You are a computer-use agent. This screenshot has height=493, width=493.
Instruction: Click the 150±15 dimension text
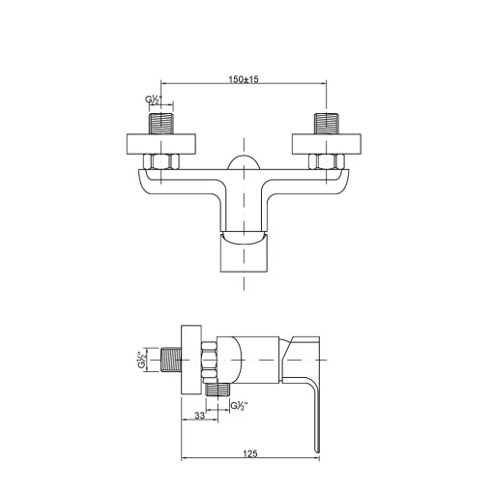[244, 79]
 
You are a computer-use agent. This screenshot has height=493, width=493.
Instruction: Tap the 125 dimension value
[250, 453]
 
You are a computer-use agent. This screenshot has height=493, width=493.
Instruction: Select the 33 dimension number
[199, 416]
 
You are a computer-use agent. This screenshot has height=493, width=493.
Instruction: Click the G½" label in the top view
[154, 100]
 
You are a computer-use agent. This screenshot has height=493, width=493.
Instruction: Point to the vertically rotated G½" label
[142, 360]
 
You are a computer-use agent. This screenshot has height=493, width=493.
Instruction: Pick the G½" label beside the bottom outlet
[240, 406]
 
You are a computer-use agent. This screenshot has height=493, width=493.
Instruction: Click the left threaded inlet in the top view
[161, 124]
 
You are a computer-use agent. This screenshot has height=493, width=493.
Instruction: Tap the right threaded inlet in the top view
[327, 124]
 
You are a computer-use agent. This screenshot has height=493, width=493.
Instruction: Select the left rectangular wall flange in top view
[161, 144]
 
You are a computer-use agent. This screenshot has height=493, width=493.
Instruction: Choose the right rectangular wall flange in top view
[327, 144]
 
